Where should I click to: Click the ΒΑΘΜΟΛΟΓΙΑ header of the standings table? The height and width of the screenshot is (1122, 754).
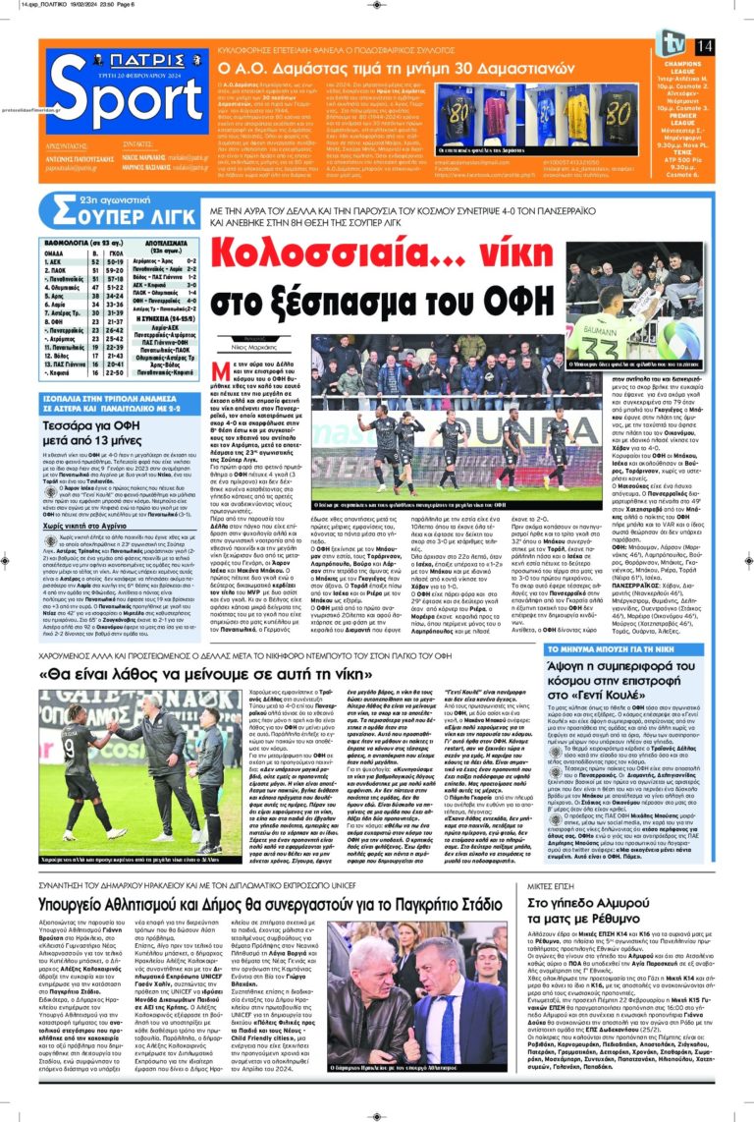point(73,242)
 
